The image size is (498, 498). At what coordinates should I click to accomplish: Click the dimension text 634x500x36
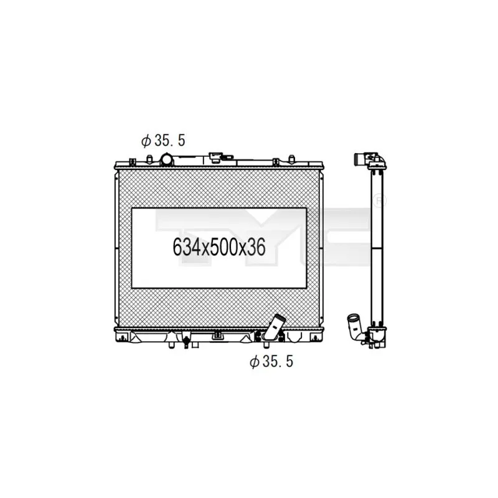[x=219, y=247]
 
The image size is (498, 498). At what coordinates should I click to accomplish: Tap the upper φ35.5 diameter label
[x=163, y=141]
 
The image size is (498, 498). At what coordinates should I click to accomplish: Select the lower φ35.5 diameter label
[x=271, y=362]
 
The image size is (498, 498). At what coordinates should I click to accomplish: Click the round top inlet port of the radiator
[x=166, y=159]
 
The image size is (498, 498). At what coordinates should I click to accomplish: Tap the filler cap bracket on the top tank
[x=221, y=157]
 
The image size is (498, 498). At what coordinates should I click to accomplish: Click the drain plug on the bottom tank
[x=186, y=341]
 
